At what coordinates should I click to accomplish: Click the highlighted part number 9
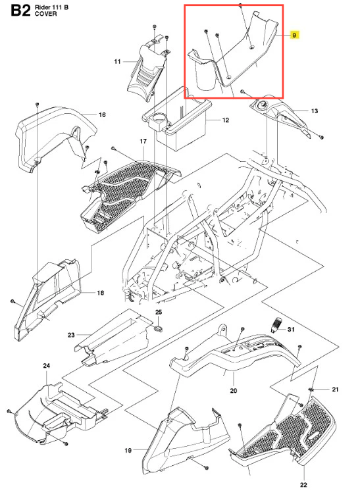click(294, 35)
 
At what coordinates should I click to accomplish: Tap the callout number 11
click(117, 61)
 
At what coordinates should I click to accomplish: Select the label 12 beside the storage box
click(226, 120)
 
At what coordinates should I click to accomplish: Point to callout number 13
click(315, 111)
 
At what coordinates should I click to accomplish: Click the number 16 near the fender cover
click(102, 114)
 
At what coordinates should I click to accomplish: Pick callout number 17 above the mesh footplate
click(143, 141)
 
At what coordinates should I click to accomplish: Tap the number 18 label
click(101, 293)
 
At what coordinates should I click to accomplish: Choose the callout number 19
click(128, 450)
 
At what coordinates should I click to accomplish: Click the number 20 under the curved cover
click(234, 391)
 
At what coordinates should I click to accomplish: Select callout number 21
click(335, 390)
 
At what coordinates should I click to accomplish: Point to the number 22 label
click(303, 485)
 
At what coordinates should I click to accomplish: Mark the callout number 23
click(71, 335)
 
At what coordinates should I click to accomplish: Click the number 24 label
click(47, 366)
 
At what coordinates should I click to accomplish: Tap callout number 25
click(159, 312)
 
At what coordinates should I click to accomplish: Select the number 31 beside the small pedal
click(291, 330)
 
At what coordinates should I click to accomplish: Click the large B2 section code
click(20, 11)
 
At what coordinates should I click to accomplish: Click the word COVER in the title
click(46, 14)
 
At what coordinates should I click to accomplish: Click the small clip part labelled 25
click(159, 328)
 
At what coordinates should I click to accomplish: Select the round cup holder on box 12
click(159, 120)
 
